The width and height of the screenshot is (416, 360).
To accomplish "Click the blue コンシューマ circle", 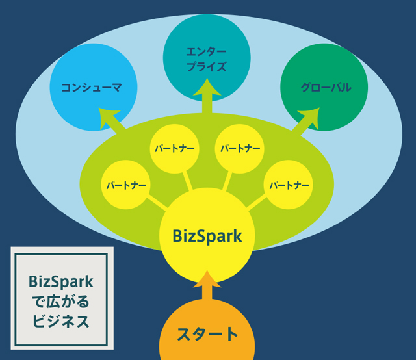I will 91,87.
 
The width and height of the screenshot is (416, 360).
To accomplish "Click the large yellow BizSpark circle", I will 207,235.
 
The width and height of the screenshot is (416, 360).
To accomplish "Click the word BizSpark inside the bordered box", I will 62,281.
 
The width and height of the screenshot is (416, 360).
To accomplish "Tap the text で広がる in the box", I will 62,301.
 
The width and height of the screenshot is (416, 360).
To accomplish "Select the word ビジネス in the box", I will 62,320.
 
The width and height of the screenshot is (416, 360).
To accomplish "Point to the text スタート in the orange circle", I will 207,335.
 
